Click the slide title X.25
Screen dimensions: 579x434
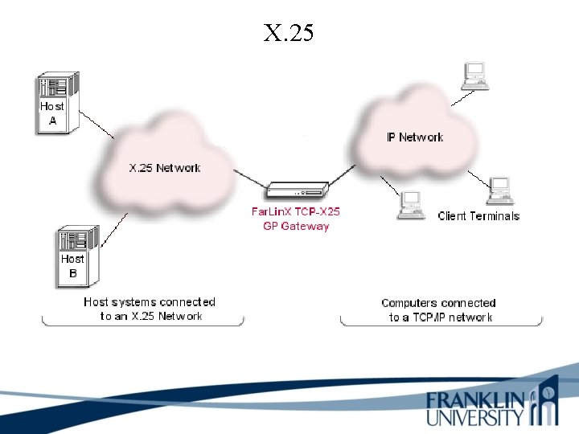[289, 33]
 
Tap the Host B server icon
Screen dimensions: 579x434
[76, 256]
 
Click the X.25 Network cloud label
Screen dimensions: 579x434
[165, 168]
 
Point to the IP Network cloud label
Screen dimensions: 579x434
[415, 137]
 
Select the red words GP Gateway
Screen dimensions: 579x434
[296, 226]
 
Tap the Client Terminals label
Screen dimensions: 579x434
[478, 216]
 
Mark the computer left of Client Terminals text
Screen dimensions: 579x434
[411, 205]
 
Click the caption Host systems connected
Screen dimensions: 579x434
[150, 302]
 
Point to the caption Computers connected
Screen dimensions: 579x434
[438, 303]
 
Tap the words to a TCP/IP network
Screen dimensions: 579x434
[441, 317]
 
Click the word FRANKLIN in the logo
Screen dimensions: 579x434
[476, 400]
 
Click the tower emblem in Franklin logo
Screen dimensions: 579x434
[547, 402]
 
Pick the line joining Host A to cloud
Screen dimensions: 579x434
[99, 125]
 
